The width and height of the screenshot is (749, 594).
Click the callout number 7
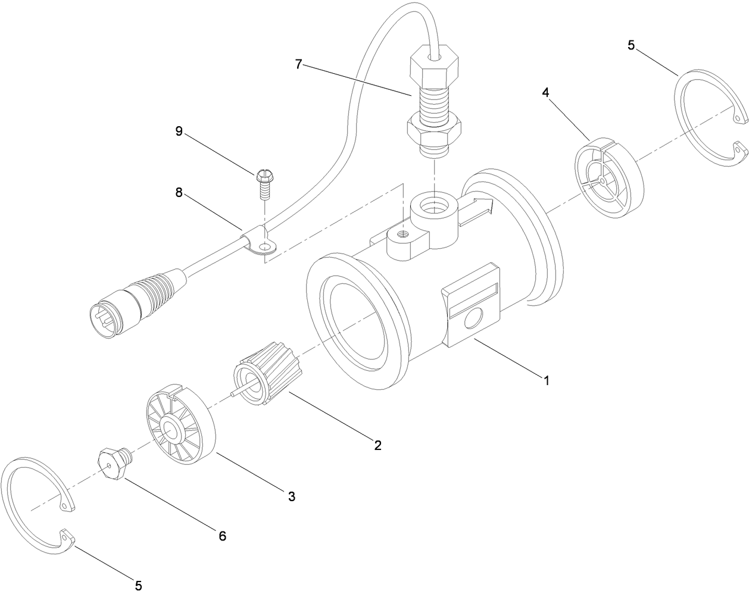tap(298, 64)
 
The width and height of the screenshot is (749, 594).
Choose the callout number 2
tap(377, 445)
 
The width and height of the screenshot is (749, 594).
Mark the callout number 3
tap(291, 496)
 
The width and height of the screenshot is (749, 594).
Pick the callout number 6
tap(221, 536)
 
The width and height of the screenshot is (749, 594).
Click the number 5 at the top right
tap(631, 45)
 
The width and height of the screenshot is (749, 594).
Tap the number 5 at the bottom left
tap(138, 585)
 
